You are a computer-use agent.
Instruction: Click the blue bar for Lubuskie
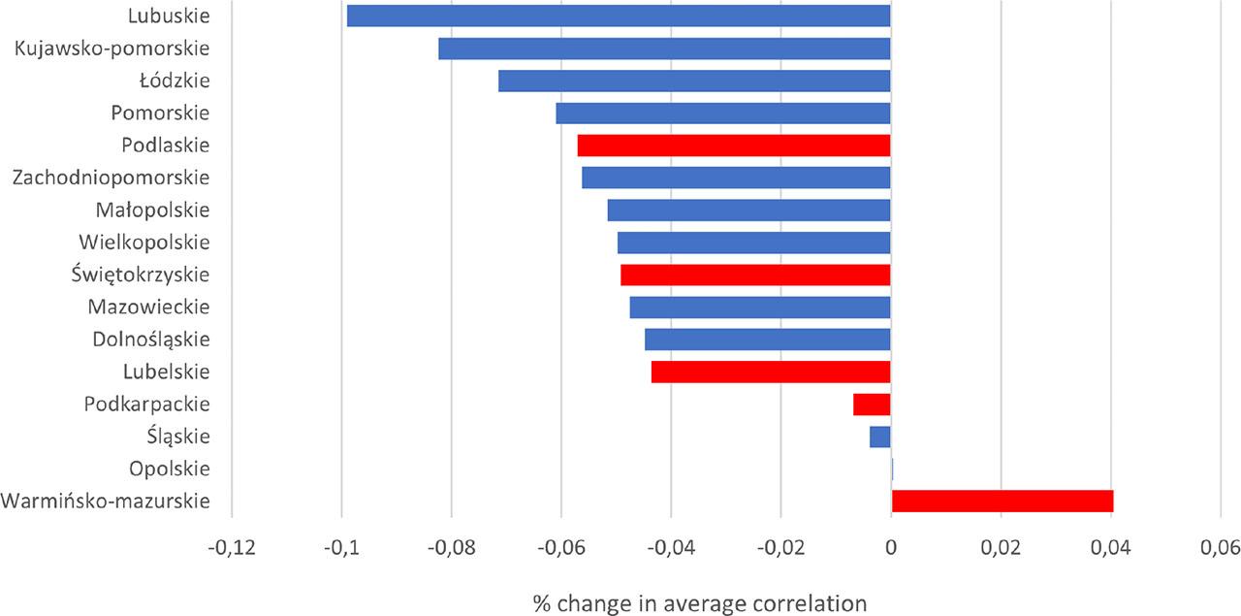[618, 16]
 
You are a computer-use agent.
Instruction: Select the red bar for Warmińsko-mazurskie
[1002, 502]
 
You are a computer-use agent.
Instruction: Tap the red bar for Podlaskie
[733, 146]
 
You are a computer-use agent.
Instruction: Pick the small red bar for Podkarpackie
[872, 405]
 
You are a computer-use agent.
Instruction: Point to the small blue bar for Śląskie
[879, 437]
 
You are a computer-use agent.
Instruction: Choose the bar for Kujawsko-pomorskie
[664, 49]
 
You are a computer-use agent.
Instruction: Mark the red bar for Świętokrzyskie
[755, 275]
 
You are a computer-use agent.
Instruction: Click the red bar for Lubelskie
[771, 372]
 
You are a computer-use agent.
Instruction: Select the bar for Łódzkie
[694, 81]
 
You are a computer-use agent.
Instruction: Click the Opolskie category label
[169, 470]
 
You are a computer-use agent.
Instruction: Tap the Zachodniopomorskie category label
[111, 178]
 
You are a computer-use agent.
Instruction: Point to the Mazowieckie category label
[148, 308]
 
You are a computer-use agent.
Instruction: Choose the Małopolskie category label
[152, 211]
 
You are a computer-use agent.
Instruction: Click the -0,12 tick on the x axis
[231, 548]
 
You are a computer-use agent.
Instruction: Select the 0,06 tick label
[1220, 548]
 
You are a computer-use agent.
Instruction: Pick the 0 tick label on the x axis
[891, 548]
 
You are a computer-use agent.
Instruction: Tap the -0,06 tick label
[560, 548]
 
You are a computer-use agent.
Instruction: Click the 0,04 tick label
[1110, 548]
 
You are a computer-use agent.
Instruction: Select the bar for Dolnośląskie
[767, 340]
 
